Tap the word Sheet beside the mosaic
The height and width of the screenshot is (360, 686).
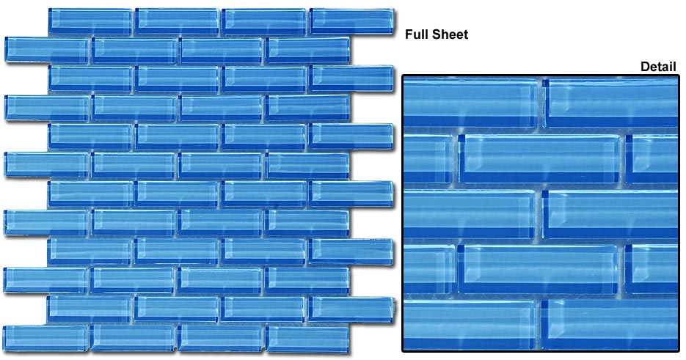tap(448, 34)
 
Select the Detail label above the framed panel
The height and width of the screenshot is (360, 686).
tap(658, 67)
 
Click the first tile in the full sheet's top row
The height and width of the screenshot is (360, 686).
tap(90, 21)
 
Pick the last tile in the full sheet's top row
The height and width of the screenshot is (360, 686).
tap(351, 21)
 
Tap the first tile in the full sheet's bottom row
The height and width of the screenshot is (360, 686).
tap(46, 338)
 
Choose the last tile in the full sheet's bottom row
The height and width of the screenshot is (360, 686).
tap(308, 339)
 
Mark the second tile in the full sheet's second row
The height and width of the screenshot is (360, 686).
tap(134, 51)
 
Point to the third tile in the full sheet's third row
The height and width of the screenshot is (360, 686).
tap(265, 79)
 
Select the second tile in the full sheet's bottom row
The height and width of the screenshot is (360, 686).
tap(134, 338)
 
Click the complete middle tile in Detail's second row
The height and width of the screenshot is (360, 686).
tap(539, 159)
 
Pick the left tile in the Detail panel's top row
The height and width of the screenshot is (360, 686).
tap(470, 103)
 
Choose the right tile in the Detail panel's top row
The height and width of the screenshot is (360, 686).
tap(610, 103)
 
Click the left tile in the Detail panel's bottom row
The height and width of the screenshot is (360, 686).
tap(469, 324)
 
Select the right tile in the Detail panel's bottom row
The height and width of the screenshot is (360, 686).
tap(610, 324)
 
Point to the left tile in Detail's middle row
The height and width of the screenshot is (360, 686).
tap(469, 214)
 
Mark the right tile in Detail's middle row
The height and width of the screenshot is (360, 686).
tap(610, 214)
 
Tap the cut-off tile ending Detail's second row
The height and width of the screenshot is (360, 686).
tap(652, 159)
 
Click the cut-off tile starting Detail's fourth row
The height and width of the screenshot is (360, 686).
tap(429, 268)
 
